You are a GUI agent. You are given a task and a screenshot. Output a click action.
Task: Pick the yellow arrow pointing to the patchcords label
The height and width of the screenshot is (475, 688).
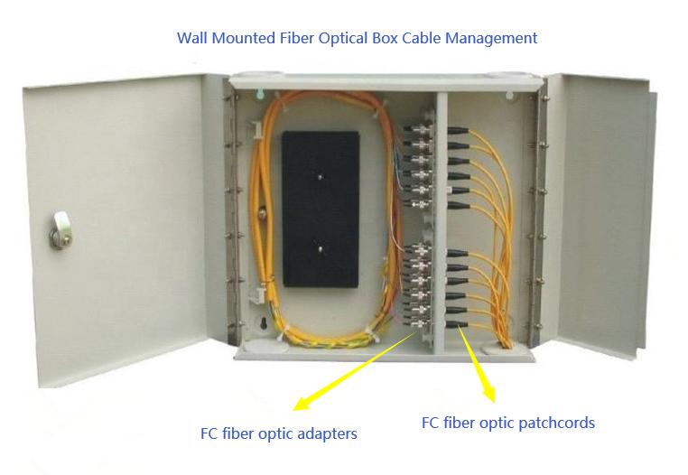point(479,366)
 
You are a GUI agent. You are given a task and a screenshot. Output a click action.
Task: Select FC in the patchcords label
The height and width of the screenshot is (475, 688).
point(432,422)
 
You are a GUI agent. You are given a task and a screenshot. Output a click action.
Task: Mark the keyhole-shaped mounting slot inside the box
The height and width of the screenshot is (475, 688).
point(263,322)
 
